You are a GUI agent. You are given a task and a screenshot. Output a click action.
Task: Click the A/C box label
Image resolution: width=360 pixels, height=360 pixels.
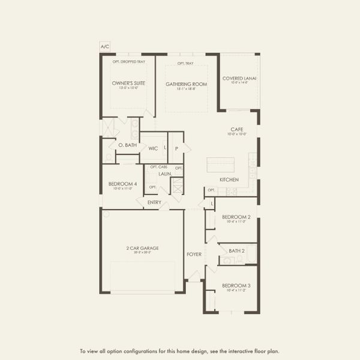click(105, 46)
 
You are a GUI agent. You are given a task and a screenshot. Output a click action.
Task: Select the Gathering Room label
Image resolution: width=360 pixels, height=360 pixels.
click(186, 84)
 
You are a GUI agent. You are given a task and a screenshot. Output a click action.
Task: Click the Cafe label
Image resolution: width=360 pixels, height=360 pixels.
click(236, 129)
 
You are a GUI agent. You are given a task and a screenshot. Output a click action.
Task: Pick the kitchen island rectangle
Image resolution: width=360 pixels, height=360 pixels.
click(220, 164)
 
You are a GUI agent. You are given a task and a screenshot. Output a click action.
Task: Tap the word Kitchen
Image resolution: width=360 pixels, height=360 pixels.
click(229, 180)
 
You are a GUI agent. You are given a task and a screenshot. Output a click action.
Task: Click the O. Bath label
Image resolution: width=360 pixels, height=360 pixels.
click(128, 145)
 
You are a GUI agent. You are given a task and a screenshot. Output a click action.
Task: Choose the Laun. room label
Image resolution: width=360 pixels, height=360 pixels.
click(165, 173)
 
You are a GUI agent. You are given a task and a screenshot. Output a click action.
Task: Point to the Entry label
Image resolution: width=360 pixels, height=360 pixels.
click(154, 202)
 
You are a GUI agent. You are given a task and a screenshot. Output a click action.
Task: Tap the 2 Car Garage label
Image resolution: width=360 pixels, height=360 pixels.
click(142, 248)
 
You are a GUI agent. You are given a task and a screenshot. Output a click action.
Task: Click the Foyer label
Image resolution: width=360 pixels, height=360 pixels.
click(194, 254)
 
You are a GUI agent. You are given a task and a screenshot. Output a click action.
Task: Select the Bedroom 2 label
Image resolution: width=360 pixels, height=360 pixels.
click(236, 217)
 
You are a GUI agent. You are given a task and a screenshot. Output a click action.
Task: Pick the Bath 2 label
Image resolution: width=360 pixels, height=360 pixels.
click(236, 251)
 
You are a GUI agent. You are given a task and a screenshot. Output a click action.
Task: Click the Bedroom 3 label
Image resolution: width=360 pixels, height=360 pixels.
click(236, 286)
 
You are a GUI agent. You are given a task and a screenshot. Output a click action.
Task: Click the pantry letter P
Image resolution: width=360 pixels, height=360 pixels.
click(176, 148)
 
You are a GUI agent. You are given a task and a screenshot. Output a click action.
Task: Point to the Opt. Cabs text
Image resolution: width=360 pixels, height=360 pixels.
click(158, 167)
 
